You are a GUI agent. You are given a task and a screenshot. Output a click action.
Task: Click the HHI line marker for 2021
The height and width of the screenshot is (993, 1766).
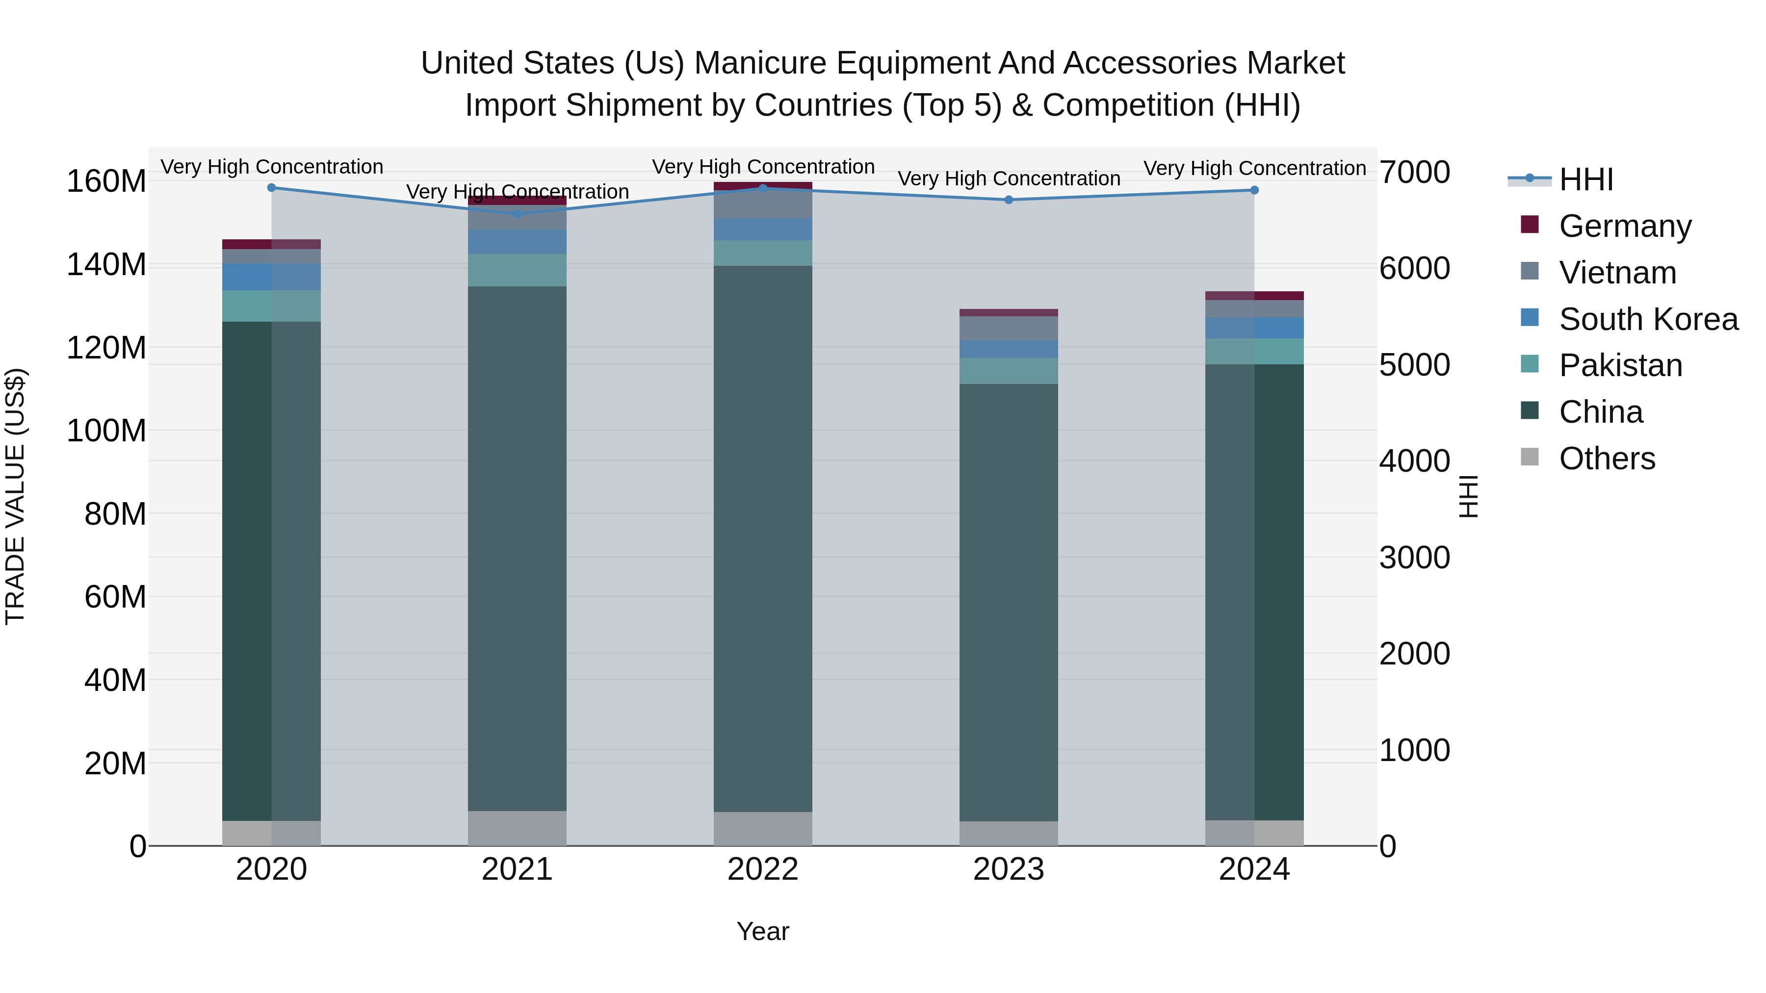point(517,214)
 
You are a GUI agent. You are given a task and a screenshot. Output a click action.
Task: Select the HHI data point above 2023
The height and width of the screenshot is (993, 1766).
point(1009,200)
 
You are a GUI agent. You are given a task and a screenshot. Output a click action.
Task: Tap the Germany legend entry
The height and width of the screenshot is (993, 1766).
point(1624,226)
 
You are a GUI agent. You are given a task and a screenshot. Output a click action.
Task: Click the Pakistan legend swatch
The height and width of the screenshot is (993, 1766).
point(1530,364)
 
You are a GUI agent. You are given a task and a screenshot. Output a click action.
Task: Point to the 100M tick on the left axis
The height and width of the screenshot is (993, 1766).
point(106,431)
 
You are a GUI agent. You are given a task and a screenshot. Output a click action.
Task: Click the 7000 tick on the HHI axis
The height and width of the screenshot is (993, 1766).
point(1414,172)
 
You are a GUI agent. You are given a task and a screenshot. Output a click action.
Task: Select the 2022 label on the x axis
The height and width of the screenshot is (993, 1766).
point(762,869)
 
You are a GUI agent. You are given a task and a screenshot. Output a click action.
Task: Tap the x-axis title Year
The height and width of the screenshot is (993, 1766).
point(762,931)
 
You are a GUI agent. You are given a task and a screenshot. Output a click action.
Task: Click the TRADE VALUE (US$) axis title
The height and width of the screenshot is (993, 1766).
point(15,496)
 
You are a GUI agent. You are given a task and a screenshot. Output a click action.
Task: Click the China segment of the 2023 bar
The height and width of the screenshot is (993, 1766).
point(1009,603)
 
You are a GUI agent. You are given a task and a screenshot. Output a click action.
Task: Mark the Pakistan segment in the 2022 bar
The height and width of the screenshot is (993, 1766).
point(762,253)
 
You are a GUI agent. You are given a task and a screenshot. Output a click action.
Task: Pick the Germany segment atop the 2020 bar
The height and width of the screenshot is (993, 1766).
point(271,244)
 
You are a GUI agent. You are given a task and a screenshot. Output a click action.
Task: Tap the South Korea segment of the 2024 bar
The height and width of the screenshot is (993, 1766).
point(1254,328)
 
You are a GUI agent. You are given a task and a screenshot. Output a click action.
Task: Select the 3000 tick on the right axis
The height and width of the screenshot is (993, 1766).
point(1414,558)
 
